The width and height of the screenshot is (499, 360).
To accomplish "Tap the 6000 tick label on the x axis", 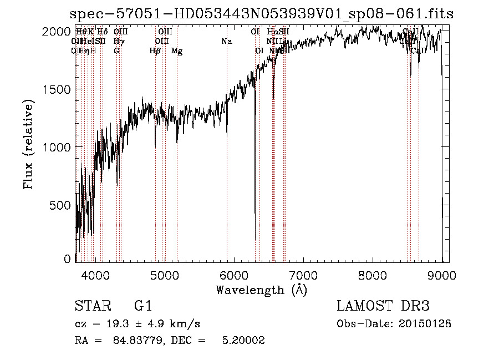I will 234,274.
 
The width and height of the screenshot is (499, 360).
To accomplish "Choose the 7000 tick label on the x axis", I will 303,274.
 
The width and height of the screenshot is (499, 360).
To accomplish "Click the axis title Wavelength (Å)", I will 261,290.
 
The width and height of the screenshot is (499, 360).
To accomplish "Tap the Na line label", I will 226,42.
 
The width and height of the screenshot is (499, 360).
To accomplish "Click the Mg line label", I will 177,51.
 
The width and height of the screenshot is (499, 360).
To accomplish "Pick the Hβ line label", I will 155,51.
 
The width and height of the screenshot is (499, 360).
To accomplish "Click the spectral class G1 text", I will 142,306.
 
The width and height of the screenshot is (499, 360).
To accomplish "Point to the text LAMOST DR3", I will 383,306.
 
